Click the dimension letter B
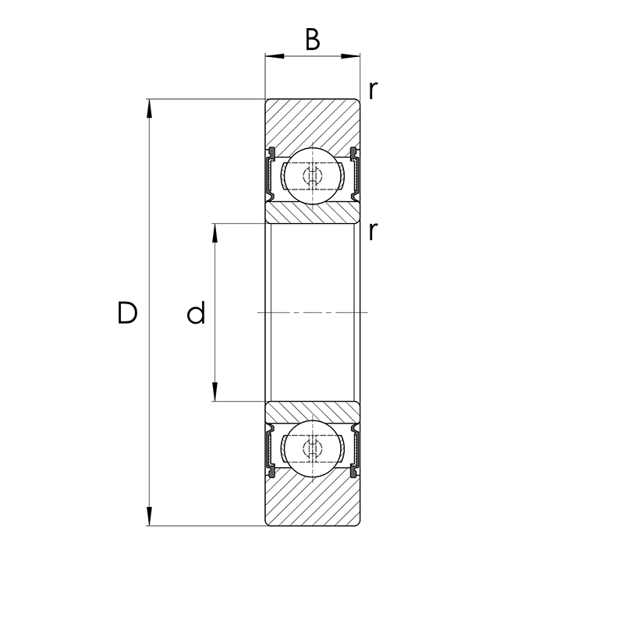pos(312,40)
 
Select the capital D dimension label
pos(127,313)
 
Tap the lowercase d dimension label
pos(196,314)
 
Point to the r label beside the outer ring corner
pos(374,90)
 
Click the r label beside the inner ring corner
pos(374,231)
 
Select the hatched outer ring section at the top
pos(313,121)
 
